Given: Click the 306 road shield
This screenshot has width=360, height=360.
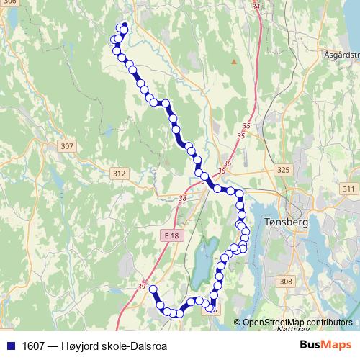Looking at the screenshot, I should tap(8, 3).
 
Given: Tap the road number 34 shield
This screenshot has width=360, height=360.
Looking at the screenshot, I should tap(256, 6).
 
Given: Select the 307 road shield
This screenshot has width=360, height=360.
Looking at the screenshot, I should tap(67, 146).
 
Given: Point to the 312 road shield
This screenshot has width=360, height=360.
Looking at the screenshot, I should tap(120, 174).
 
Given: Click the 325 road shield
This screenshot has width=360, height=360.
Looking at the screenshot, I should tap(283, 170).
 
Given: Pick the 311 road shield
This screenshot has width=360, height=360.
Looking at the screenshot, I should tap(349, 189).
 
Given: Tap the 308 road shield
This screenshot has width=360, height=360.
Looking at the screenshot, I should tap(286, 282).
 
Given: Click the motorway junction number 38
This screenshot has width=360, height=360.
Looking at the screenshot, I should tap(181, 198).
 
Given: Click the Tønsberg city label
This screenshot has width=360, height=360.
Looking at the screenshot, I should tap(287, 222).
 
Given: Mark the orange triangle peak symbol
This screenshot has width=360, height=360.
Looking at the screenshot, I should tap(233, 61).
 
